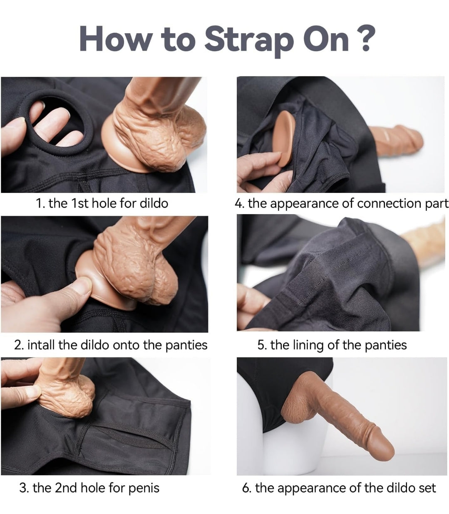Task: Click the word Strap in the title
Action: (x=249, y=41)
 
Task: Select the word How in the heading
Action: (x=115, y=39)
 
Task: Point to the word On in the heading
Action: (x=325, y=39)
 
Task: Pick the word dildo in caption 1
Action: (x=154, y=203)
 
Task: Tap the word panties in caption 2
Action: (x=186, y=346)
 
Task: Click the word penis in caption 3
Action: (x=144, y=489)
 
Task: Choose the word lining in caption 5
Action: (x=308, y=346)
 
